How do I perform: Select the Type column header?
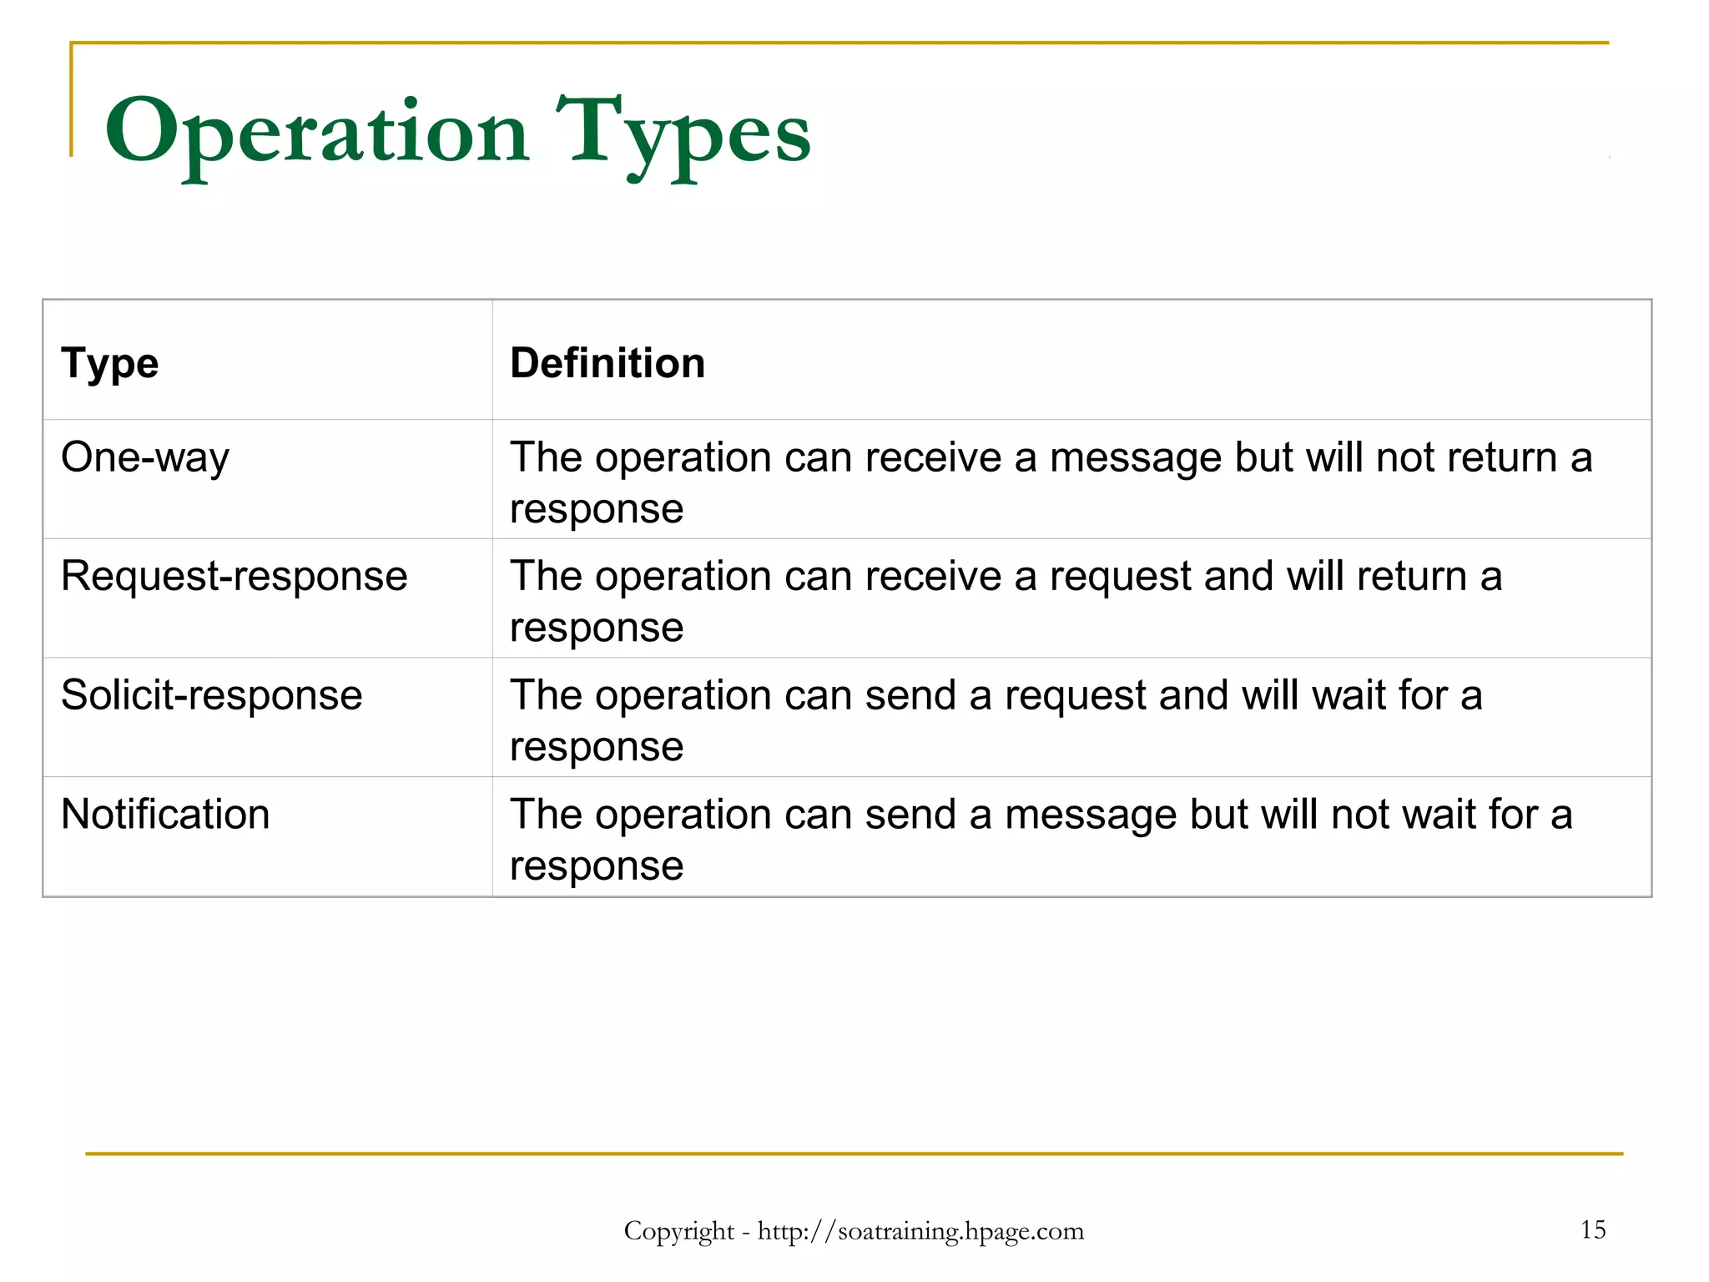[109, 364]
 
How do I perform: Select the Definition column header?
[607, 364]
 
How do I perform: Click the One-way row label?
[145, 458]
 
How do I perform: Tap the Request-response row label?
[234, 577]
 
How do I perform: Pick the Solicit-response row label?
[212, 696]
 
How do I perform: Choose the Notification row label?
[165, 815]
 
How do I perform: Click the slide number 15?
[1592, 1229]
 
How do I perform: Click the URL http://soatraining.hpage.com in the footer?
[920, 1231]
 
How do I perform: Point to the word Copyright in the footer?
[678, 1231]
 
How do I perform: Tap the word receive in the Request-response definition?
[933, 577]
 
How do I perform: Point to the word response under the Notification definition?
[597, 866]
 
